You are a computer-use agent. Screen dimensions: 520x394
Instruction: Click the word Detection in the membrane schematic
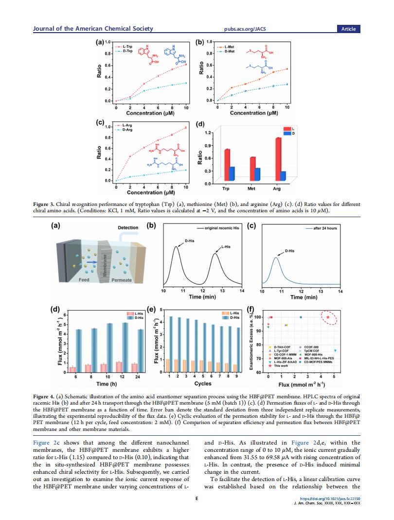(x=128, y=228)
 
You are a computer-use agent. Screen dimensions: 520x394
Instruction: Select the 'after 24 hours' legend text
(x=325, y=228)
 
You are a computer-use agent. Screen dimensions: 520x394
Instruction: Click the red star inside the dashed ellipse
(x=328, y=317)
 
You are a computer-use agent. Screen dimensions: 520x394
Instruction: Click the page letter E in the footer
(x=197, y=499)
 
